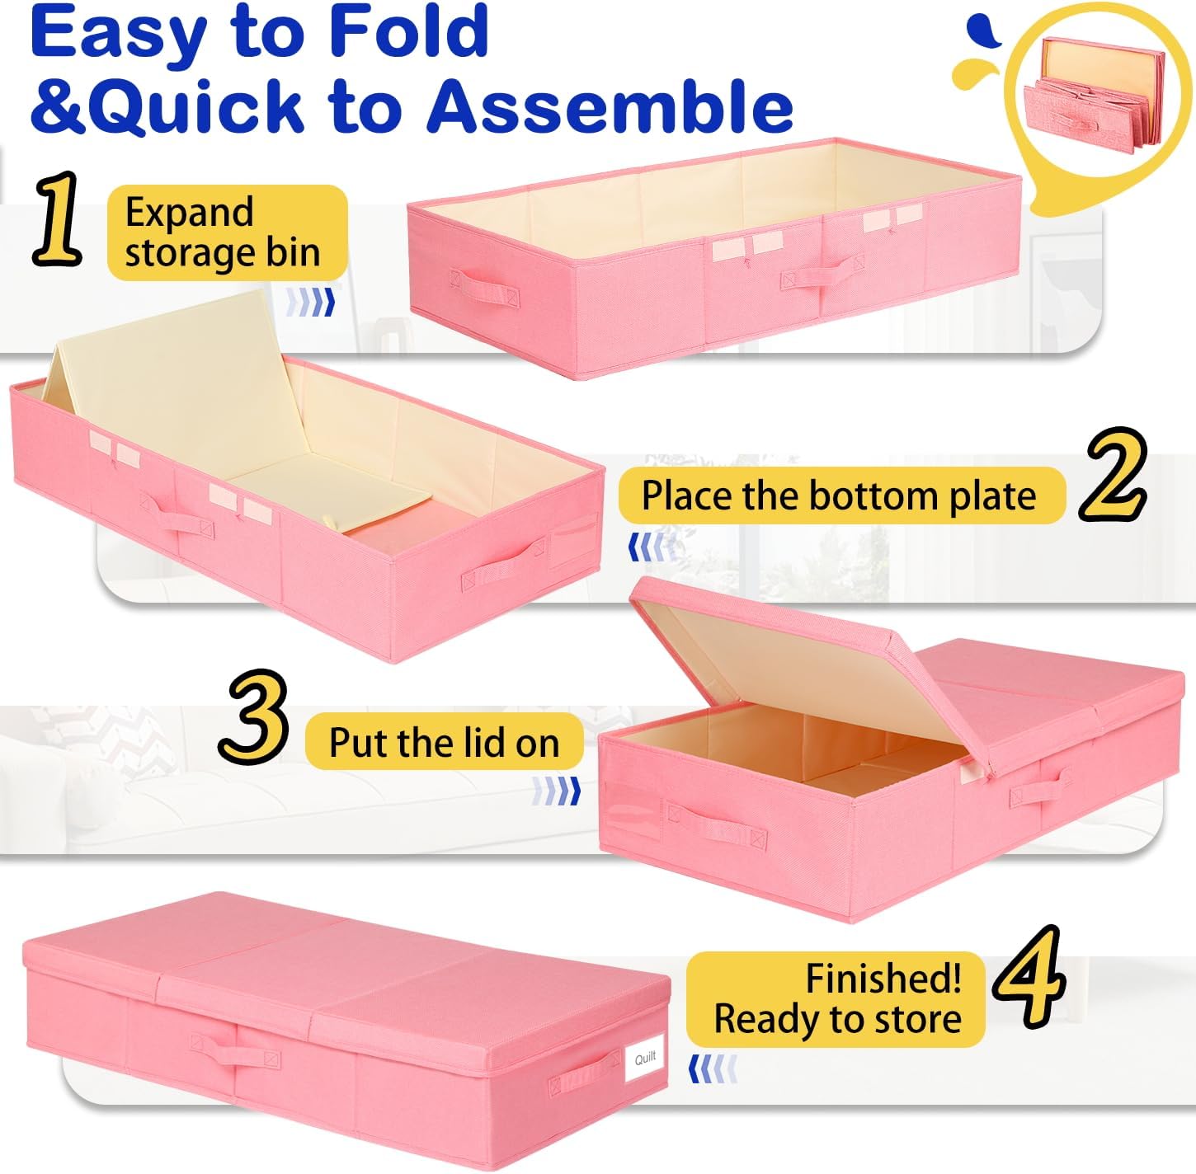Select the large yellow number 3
[x=254, y=716]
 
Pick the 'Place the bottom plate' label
[x=840, y=496]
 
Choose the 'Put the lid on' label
[x=444, y=742]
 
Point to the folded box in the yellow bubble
[x=1093, y=95]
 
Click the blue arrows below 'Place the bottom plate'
[x=652, y=547]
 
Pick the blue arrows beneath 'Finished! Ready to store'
[x=712, y=1069]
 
